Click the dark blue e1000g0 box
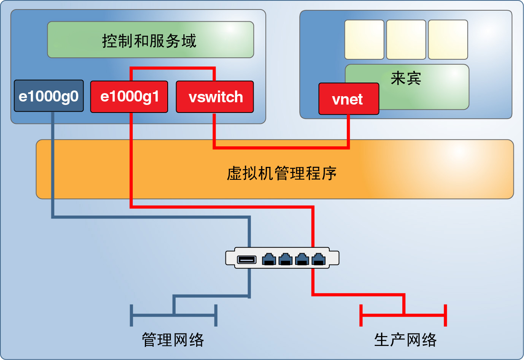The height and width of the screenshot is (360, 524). click(49, 96)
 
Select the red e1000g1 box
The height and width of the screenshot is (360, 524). click(129, 97)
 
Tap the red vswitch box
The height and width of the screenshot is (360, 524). click(215, 97)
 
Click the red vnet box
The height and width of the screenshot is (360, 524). click(348, 99)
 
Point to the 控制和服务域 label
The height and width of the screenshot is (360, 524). click(149, 41)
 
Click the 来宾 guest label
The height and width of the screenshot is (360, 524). click(406, 78)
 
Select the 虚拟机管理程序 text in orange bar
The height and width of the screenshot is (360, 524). click(281, 173)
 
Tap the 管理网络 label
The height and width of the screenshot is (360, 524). click(173, 339)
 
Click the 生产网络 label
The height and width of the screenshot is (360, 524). click(405, 339)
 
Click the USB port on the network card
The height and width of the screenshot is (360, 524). click(247, 260)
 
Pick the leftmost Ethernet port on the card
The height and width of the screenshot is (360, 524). click(269, 259)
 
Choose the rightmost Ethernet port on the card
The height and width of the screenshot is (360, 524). click(319, 259)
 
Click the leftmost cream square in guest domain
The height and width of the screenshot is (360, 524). click(364, 40)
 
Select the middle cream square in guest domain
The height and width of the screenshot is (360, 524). click(406, 40)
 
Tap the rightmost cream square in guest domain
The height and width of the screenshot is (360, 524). click(448, 40)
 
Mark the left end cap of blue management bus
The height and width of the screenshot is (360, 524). click(132, 315)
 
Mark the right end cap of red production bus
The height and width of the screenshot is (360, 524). click(445, 315)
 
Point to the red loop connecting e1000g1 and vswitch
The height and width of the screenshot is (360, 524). click(173, 68)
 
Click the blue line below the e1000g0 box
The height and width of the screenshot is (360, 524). click(53, 163)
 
